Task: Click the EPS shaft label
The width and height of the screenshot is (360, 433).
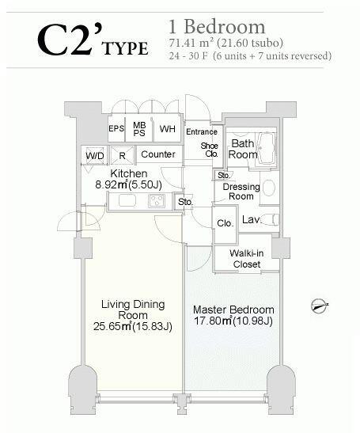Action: [116, 129]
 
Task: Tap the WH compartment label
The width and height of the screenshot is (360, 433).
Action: [167, 129]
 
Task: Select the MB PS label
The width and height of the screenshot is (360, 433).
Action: [139, 129]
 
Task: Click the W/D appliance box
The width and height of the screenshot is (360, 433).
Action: [95, 155]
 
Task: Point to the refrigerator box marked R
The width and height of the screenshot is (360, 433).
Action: [122, 155]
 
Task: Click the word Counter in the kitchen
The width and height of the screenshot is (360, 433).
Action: [158, 154]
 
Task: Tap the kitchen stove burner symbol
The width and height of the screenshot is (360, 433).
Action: [157, 200]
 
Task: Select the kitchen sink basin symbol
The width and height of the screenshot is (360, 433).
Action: [127, 200]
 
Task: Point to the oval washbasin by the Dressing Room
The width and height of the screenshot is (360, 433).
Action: [269, 188]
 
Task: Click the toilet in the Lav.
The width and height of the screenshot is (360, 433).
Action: [271, 219]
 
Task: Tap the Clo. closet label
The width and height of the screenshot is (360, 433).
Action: [225, 223]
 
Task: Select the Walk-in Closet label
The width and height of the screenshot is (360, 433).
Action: [247, 259]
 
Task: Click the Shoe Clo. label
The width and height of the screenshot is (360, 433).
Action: [210, 150]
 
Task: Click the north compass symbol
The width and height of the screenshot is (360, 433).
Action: [320, 306]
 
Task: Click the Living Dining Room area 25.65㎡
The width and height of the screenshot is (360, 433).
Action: [112, 327]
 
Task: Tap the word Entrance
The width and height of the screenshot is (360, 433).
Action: [202, 131]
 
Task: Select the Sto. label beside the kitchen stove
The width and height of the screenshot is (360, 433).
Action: [185, 202]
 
